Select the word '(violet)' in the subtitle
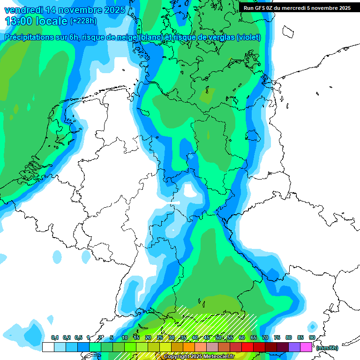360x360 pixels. tap(248, 37)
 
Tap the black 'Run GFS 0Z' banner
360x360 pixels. tap(297, 7)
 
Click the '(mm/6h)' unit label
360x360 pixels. tap(327, 348)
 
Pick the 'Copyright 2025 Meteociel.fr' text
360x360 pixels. tap(199, 357)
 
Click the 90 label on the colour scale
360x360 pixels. tap(312, 337)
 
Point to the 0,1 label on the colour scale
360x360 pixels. tap(54, 337)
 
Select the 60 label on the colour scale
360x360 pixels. tap(242, 337)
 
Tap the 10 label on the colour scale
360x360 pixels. tap(125, 337)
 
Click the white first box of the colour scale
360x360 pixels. tap(48, 347)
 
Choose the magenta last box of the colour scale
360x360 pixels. tap(306, 347)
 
